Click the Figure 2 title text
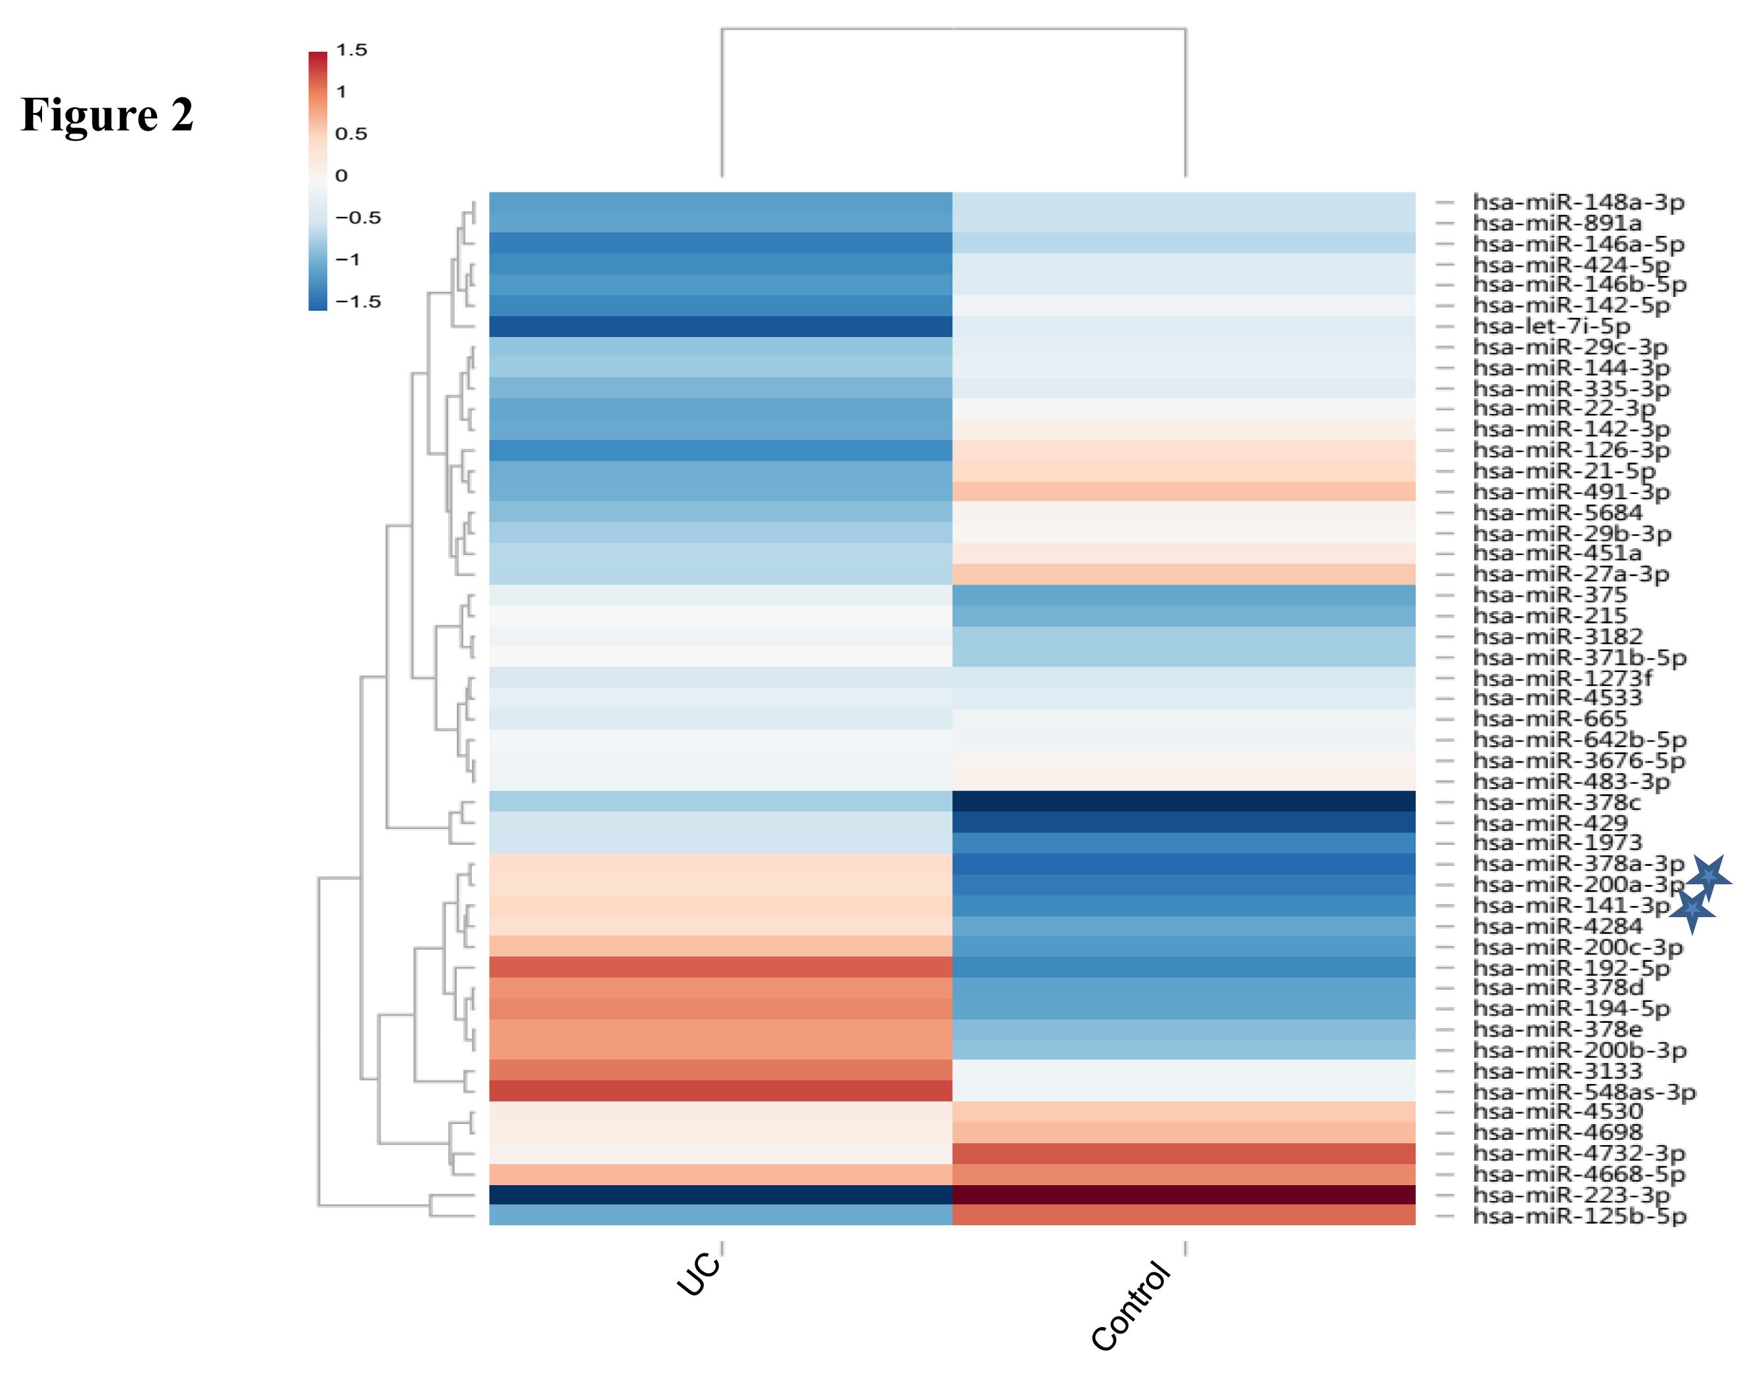coord(106,114)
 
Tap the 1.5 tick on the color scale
coord(351,50)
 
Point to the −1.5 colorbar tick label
coord(358,302)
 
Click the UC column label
coord(699,1273)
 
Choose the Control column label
coord(1130,1306)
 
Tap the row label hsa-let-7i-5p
coord(1551,327)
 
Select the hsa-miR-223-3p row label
coord(1570,1195)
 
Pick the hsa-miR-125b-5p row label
coord(1579,1216)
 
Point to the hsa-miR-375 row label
coord(1549,595)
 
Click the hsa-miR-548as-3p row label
coord(1583,1092)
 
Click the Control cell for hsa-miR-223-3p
coord(1183,1195)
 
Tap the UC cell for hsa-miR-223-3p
coord(720,1195)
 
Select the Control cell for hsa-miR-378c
coord(1183,801)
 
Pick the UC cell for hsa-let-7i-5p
coord(720,327)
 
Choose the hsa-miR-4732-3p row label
coord(1579,1154)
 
